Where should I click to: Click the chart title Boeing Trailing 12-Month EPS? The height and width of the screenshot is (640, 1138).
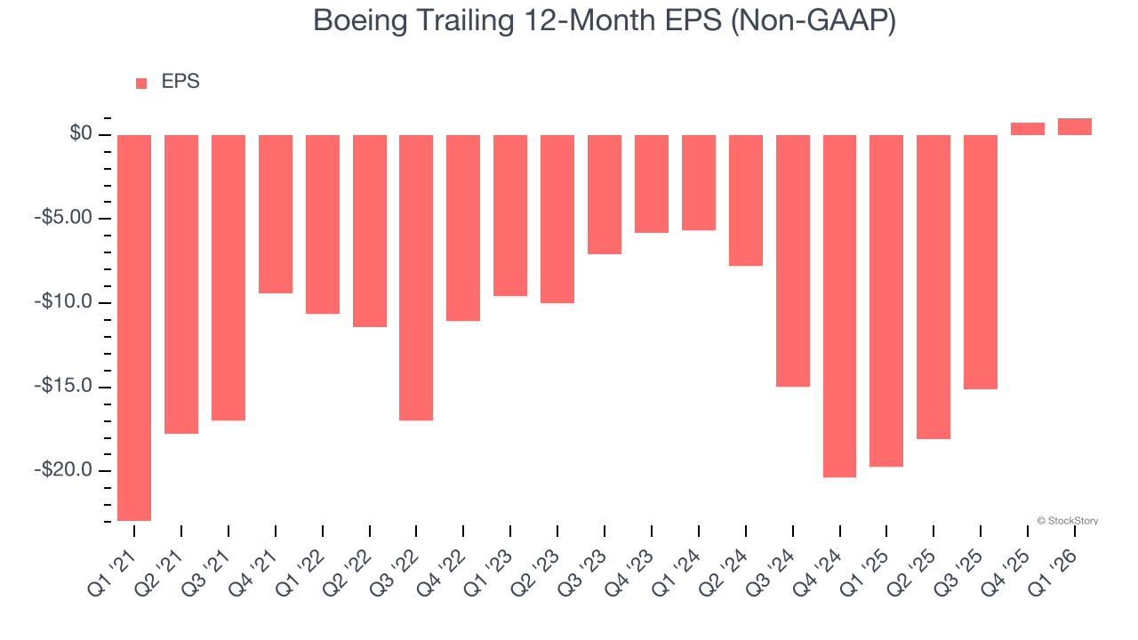(605, 21)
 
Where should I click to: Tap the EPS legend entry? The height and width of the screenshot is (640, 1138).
(168, 83)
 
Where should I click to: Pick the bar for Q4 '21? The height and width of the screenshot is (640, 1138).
(276, 214)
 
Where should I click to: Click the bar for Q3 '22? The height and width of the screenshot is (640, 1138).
(416, 277)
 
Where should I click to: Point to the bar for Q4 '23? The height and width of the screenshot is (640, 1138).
(652, 184)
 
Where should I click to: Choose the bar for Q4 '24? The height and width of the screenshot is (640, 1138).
(839, 306)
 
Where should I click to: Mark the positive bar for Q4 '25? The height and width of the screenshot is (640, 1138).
(1028, 129)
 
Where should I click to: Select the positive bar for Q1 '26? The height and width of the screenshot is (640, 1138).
(1075, 126)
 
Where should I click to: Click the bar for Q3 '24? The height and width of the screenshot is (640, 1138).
(793, 260)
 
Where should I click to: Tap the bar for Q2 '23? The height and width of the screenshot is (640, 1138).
(557, 219)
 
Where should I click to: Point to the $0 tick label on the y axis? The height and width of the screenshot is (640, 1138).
(81, 134)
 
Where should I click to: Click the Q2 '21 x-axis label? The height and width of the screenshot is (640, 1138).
(165, 570)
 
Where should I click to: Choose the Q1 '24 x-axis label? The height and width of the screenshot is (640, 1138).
(683, 570)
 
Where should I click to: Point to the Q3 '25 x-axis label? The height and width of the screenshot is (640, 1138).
(965, 570)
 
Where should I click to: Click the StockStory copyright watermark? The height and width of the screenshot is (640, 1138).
(1067, 521)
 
